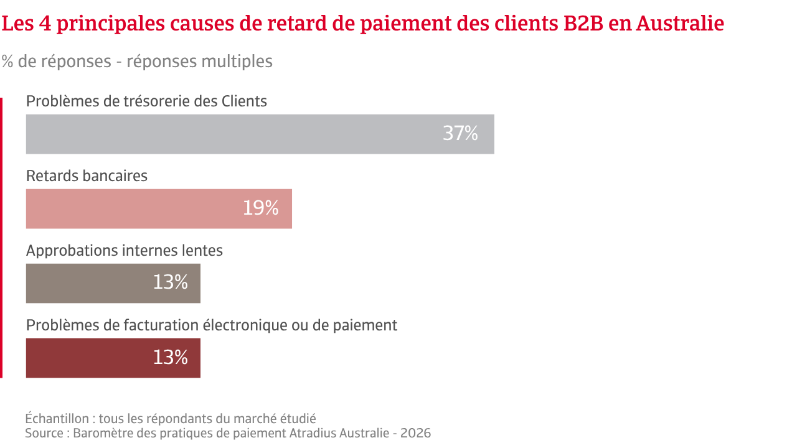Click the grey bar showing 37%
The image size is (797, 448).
[260, 134]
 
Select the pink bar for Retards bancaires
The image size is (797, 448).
[159, 208]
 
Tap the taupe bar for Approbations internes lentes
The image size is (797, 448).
[113, 283]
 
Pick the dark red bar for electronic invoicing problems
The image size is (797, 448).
[113, 358]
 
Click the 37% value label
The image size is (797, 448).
[460, 134]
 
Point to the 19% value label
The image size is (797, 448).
[260, 208]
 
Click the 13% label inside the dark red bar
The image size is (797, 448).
[170, 358]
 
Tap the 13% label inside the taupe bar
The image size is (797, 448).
[170, 283]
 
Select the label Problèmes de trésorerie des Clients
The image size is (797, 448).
[146, 101]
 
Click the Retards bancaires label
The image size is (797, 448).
[87, 176]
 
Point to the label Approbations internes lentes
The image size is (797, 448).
[124, 251]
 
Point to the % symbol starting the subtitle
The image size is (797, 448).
[7, 62]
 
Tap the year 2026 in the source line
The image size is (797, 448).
[415, 433]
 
